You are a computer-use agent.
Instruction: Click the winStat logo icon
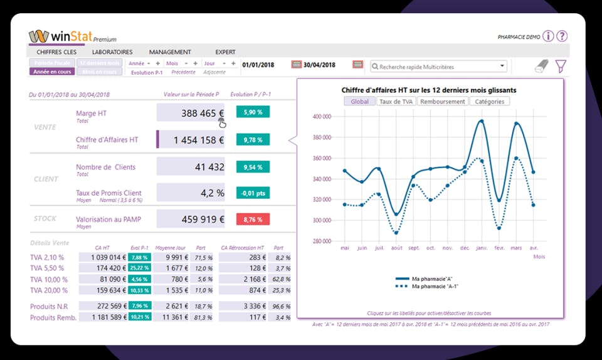pos(39,36)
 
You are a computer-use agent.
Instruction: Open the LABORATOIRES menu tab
pos(112,52)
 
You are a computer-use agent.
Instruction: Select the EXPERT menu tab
pos(226,52)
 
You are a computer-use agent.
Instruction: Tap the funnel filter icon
pos(561,66)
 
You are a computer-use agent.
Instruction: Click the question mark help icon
pos(562,36)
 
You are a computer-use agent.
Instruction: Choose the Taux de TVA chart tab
pos(398,102)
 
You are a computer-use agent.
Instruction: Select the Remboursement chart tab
pos(443,102)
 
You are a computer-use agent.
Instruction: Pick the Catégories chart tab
pos(489,102)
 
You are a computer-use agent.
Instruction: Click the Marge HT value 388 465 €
pos(191,113)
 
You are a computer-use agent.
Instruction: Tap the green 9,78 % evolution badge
pos(253,140)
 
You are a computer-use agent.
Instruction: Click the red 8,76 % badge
pos(253,220)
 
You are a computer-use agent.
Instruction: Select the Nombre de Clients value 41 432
pos(191,167)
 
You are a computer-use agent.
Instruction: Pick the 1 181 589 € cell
pos(103,317)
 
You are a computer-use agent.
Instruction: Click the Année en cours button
pos(52,72)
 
